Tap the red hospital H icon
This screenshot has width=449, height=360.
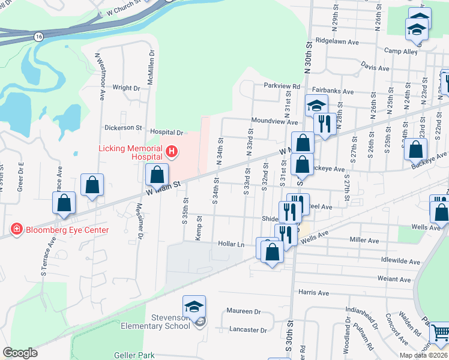(172, 151)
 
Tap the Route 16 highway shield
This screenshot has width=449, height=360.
(38, 37)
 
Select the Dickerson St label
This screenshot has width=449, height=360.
(123, 128)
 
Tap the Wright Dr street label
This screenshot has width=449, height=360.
(126, 88)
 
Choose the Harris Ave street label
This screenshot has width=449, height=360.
(313, 293)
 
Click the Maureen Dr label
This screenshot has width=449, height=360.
(244, 311)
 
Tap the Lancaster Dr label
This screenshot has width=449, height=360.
(248, 330)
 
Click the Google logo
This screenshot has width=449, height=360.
(20, 353)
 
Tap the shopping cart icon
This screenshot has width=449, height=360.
(440, 332)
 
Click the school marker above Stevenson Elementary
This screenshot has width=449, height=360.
(194, 307)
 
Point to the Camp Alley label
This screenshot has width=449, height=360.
(401, 52)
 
